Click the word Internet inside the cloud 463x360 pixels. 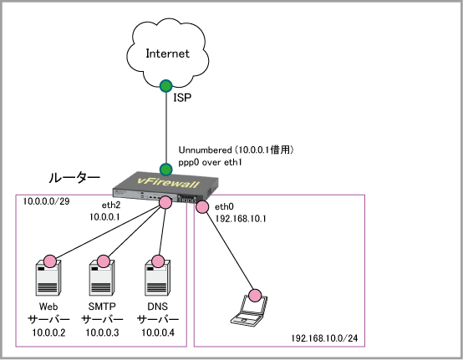click(167, 53)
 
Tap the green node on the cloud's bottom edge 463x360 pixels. click(166, 86)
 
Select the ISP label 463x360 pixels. click(182, 98)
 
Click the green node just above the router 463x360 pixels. click(166, 170)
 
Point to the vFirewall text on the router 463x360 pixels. click(168, 183)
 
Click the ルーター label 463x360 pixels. click(74, 178)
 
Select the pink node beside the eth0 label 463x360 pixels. click(202, 207)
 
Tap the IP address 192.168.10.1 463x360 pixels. click(241, 219)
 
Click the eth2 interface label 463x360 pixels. click(111, 205)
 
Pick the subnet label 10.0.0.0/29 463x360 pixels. click(46, 201)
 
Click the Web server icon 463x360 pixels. click(48, 277)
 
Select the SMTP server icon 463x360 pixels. click(102, 277)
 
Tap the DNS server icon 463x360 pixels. click(157, 277)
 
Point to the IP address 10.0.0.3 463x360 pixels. click(102, 332)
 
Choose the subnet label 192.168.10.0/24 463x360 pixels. click(324, 338)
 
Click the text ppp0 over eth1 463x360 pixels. click(210, 162)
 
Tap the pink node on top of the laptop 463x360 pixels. click(255, 295)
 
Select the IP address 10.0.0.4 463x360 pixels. click(158, 332)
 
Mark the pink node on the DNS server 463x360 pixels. click(158, 261)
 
